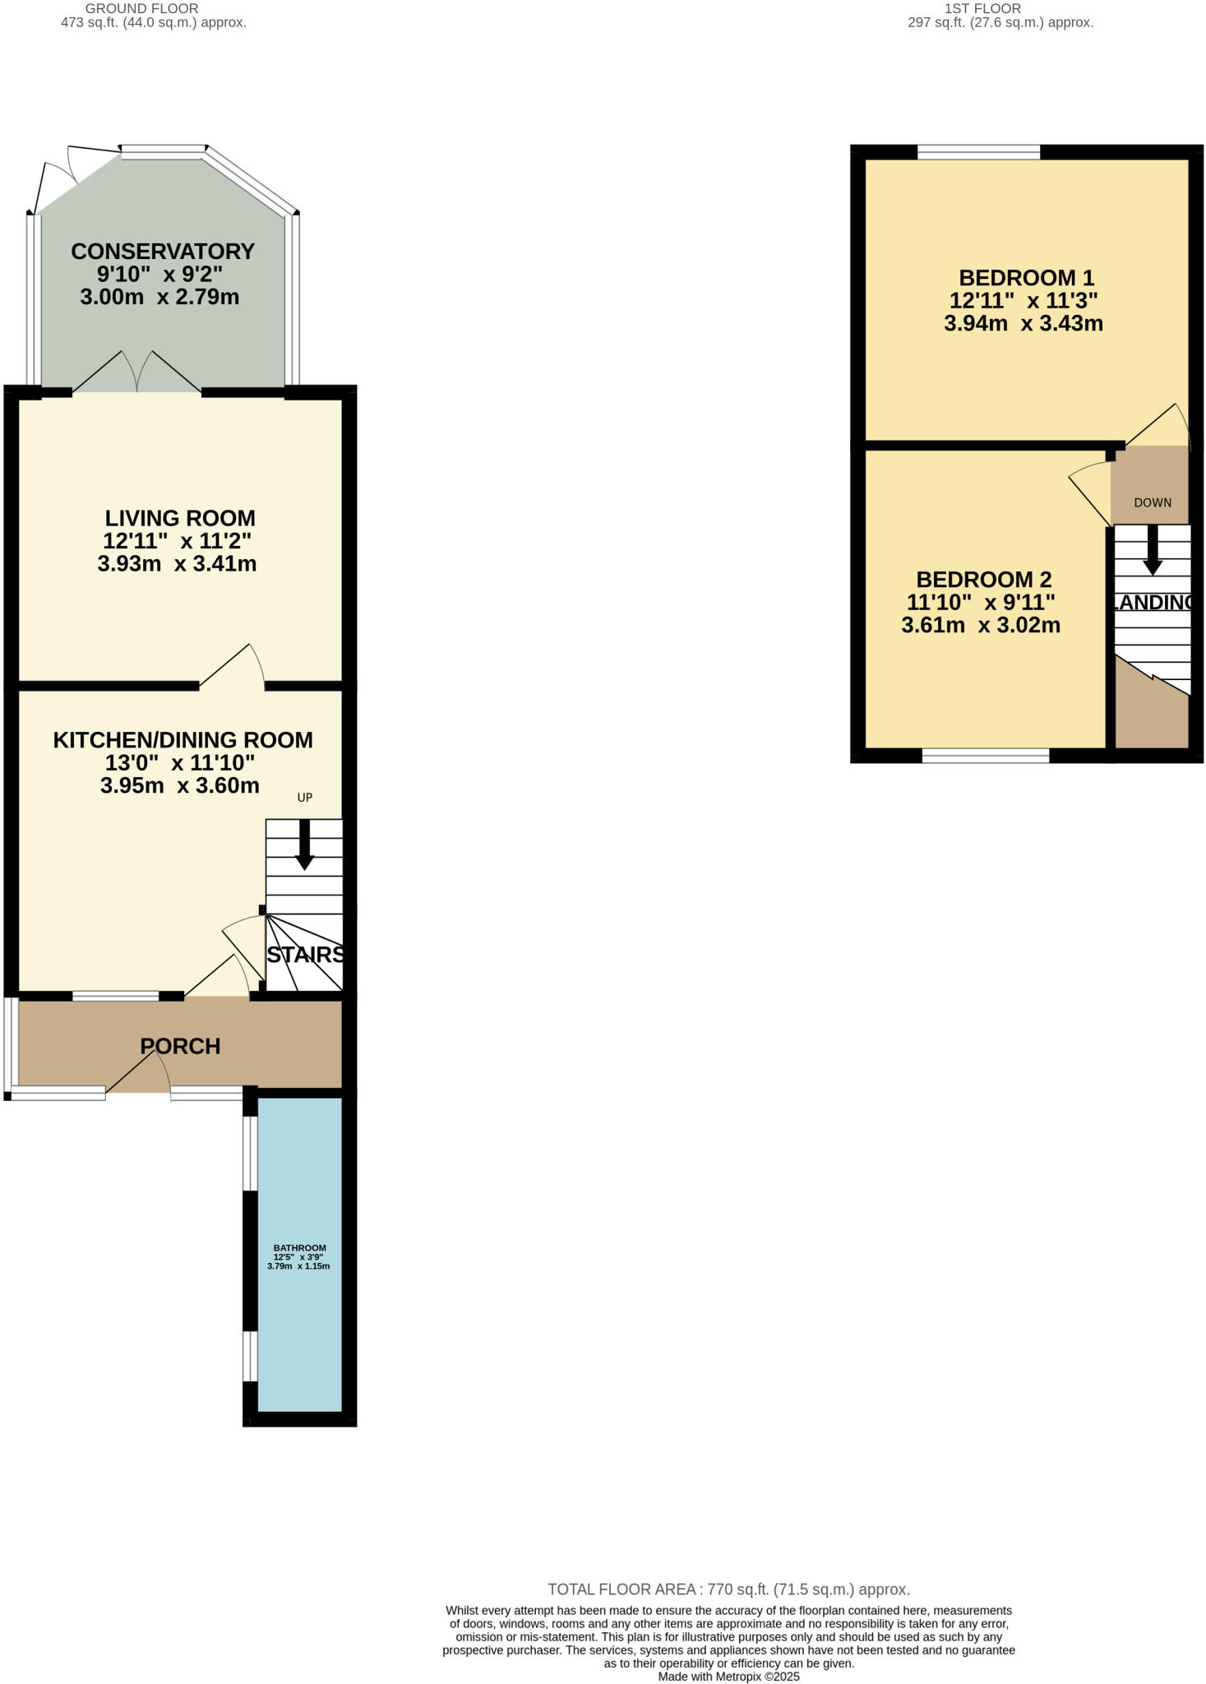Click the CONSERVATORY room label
coord(163,251)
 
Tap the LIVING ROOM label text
coord(180,518)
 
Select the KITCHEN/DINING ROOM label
coord(183,740)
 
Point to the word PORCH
coord(180,1046)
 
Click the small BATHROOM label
coord(299,1247)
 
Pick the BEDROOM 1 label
coord(1026,278)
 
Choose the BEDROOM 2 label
coord(983,580)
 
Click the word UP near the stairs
coord(305,798)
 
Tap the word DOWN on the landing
coord(1153,502)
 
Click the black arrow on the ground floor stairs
coord(304,847)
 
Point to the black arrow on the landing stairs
coord(1153,551)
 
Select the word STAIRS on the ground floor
coord(304,955)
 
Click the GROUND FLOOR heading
coord(141,8)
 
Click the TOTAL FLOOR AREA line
coord(728,1589)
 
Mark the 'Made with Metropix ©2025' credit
coord(728,1676)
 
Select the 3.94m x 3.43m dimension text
coord(1023,323)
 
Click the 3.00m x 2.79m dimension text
coord(159,297)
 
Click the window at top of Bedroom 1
coord(978,151)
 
